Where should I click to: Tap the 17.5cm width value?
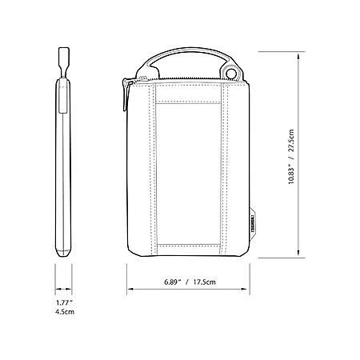(205, 282)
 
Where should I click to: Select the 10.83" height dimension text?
(291, 174)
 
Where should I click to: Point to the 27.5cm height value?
(291, 141)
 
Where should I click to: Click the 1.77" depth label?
(64, 302)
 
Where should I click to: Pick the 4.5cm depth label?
(65, 311)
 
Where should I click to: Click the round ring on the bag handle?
(231, 73)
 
